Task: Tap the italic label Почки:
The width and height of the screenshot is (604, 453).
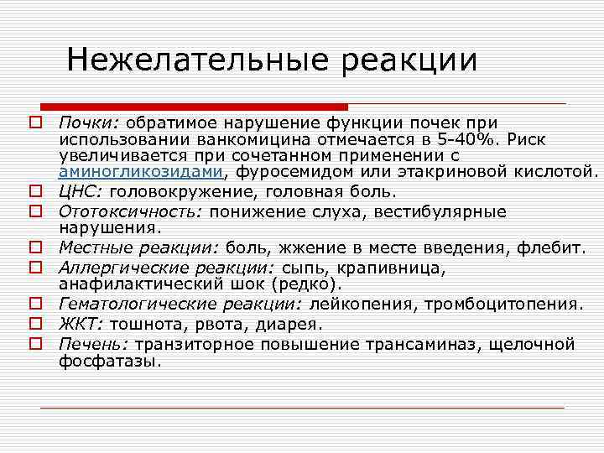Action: [x=82, y=122]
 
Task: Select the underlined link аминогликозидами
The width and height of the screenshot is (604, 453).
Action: [x=141, y=173]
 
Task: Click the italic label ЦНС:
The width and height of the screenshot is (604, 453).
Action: [x=78, y=191]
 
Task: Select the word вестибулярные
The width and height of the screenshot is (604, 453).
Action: [x=434, y=211]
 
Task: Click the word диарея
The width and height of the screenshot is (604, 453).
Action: [x=293, y=324]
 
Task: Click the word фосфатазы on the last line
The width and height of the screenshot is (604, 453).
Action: [x=108, y=361]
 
